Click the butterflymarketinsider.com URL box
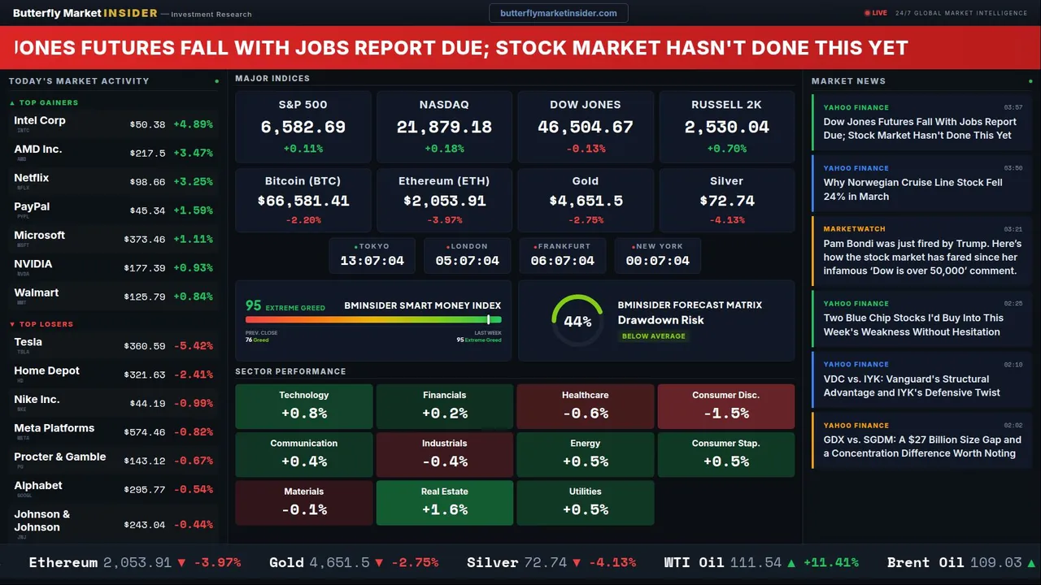tap(558, 13)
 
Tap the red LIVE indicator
tap(876, 13)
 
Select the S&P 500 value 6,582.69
tap(303, 128)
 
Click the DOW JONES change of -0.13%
tap(586, 149)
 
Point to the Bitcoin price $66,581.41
tap(303, 201)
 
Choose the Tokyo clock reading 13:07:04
tap(372, 261)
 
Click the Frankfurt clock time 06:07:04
tap(562, 261)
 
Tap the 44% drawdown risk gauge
tap(577, 321)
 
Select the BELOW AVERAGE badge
tap(653, 336)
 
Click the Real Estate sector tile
tap(444, 503)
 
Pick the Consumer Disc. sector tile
tap(725, 406)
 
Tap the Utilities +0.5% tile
tap(585, 503)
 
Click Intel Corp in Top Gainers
tap(40, 120)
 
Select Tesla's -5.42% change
tap(193, 346)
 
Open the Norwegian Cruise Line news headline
tap(913, 189)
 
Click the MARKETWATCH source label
tap(854, 229)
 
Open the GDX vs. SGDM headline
tap(921, 447)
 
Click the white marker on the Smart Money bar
tap(488, 320)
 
